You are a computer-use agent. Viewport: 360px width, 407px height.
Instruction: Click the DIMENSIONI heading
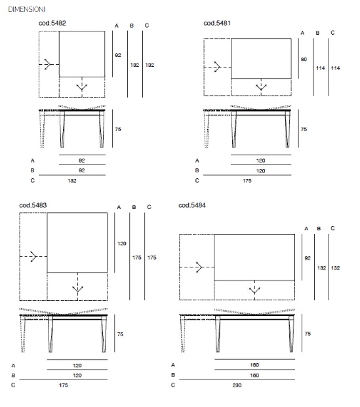click(26, 9)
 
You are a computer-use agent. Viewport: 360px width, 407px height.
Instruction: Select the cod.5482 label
click(52, 23)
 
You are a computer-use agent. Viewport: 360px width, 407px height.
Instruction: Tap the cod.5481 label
click(217, 23)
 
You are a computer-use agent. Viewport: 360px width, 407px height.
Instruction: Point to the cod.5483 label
click(33, 205)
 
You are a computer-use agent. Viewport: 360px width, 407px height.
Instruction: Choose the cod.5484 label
click(192, 205)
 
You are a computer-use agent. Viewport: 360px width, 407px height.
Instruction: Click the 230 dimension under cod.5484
click(237, 385)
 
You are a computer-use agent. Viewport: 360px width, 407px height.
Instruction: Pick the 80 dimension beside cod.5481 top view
click(304, 60)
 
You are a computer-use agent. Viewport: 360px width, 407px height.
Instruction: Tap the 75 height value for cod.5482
click(118, 129)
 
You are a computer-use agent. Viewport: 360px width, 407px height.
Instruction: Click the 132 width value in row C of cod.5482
click(72, 181)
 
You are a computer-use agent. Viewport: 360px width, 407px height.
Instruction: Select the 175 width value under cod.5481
click(247, 181)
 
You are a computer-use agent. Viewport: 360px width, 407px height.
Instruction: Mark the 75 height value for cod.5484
click(308, 334)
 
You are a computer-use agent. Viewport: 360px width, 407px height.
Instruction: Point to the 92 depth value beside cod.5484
click(308, 258)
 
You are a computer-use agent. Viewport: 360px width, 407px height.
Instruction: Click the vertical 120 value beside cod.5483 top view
click(122, 243)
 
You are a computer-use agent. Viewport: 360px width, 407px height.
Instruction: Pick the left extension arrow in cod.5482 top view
click(49, 64)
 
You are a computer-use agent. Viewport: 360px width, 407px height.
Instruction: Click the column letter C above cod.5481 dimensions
click(332, 33)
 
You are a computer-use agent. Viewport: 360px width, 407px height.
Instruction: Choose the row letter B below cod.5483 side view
click(13, 376)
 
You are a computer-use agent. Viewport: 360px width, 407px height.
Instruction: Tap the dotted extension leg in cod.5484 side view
click(183, 334)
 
